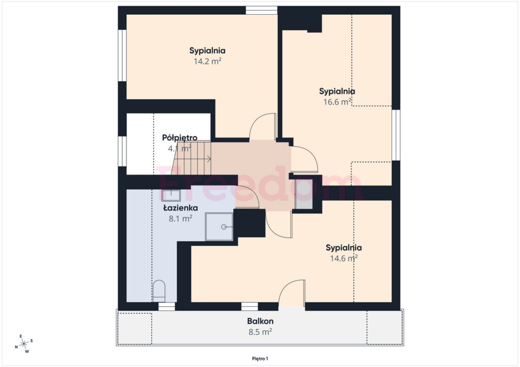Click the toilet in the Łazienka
pos(159,291)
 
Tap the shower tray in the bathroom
pos(219,227)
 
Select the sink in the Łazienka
pos(171,195)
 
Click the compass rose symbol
pos(24,344)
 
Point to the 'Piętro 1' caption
pos(260,358)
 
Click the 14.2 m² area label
pos(208,61)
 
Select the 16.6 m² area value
pos(337,101)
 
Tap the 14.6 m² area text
pos(344,258)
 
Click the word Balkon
pos(261,321)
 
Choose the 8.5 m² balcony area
pos(261,332)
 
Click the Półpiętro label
pos(180,138)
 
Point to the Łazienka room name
pos(181,208)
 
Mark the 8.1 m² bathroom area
pos(181,218)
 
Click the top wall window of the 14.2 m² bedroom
pos(262,10)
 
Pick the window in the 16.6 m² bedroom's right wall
pos(396,135)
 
